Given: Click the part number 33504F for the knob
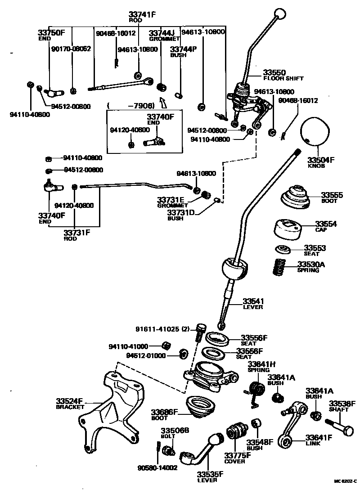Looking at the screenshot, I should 321,159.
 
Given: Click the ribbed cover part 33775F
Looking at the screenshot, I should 236,432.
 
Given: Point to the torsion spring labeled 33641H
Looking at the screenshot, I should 256,391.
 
